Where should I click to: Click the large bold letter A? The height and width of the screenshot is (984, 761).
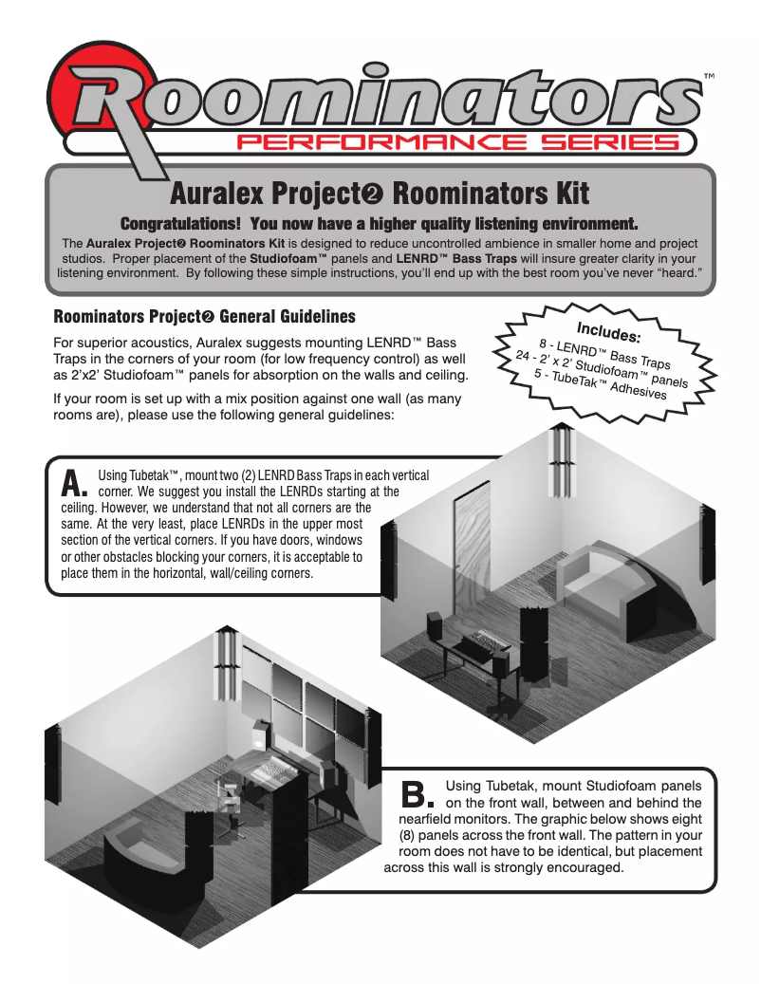tap(73, 483)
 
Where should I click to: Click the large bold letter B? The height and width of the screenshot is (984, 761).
tap(417, 792)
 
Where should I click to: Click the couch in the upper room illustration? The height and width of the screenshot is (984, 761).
tap(607, 584)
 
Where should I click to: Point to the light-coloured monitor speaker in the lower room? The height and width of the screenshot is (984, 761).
tap(259, 735)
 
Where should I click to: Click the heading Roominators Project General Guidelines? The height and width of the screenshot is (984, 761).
tap(204, 316)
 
